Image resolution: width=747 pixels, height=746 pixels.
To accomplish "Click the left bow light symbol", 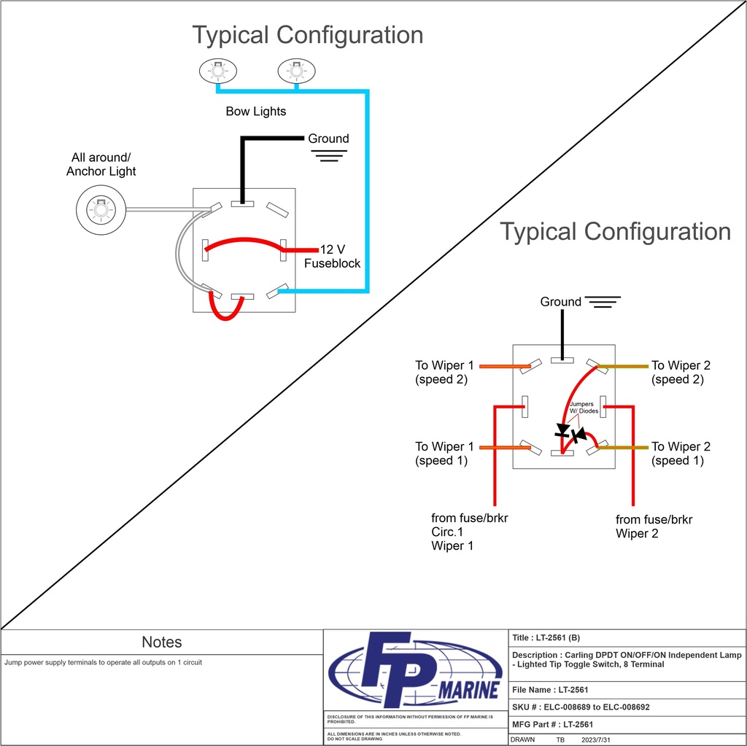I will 219,71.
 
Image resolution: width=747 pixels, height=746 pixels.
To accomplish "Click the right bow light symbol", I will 297,71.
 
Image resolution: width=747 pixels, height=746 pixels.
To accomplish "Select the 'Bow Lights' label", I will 255,112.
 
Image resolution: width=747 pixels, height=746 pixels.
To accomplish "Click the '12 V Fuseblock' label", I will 333,256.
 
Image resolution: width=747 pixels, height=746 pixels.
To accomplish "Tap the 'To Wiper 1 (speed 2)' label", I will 445,372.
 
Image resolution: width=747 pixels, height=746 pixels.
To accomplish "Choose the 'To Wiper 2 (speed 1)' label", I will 681,454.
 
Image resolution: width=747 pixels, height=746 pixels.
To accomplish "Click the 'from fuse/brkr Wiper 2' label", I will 654,527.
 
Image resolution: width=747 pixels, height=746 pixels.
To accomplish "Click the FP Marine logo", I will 415,669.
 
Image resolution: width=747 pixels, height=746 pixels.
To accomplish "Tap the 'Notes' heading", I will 162,642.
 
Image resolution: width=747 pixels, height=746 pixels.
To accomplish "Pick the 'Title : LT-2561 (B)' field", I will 546,638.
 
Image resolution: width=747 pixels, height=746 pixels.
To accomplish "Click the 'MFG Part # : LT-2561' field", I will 552,724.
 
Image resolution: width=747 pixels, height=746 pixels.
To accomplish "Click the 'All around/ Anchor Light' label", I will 101,164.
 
